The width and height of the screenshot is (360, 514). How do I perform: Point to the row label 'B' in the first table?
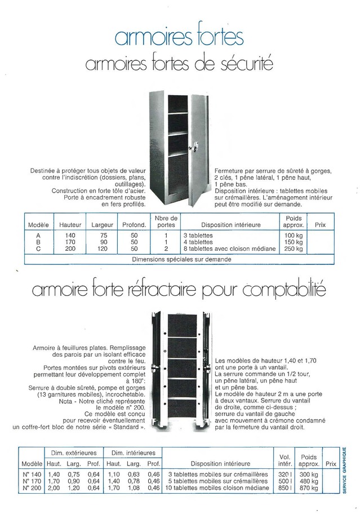38,241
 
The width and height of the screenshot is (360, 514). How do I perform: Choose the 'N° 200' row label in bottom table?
34,488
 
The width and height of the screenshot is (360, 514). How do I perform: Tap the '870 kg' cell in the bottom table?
308,488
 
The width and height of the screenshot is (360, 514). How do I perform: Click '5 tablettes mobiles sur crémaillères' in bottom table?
219,481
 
